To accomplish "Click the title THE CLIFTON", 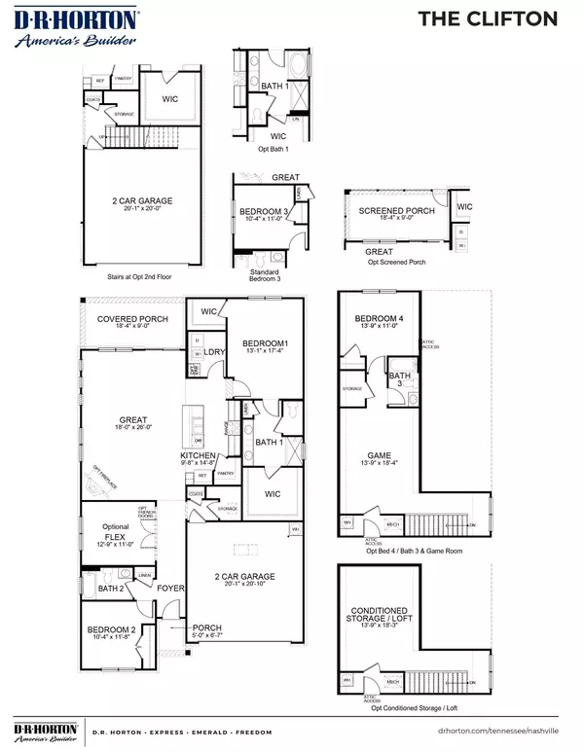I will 501,18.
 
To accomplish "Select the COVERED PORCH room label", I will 132,319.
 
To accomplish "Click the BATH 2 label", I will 110,589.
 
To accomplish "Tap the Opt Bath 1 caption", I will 272,149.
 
